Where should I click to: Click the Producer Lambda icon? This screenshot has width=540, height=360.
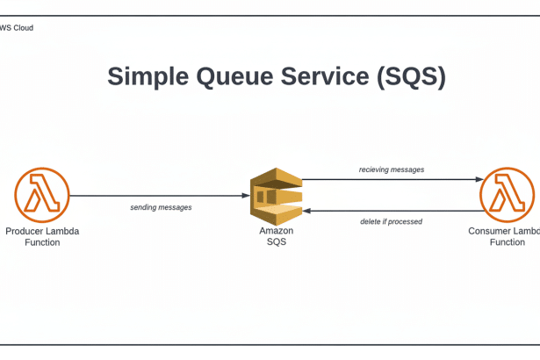pyautogui.click(x=41, y=195)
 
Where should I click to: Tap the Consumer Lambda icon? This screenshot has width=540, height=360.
pyautogui.click(x=507, y=195)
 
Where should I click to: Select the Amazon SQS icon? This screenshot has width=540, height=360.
pyautogui.click(x=276, y=196)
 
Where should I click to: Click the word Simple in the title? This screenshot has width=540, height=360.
pyautogui.click(x=147, y=77)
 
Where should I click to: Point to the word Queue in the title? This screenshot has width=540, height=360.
pyautogui.click(x=235, y=77)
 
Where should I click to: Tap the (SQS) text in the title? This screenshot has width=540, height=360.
pyautogui.click(x=411, y=77)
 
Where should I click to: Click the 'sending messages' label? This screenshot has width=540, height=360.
pyautogui.click(x=161, y=208)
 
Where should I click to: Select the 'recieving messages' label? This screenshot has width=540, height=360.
pyautogui.click(x=392, y=169)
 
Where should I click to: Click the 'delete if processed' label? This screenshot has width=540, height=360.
pyautogui.click(x=391, y=222)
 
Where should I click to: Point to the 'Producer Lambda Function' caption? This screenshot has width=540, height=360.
pyautogui.click(x=42, y=237)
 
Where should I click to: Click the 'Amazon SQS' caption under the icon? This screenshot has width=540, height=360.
pyautogui.click(x=276, y=237)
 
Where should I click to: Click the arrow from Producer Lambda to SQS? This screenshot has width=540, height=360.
pyautogui.click(x=158, y=196)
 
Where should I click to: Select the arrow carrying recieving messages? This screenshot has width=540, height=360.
pyautogui.click(x=391, y=180)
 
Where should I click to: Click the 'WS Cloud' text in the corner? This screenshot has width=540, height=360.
pyautogui.click(x=17, y=28)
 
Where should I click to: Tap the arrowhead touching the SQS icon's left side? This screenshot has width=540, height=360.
pyautogui.click(x=247, y=196)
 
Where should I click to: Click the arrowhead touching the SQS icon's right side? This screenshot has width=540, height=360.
pyautogui.click(x=306, y=211)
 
